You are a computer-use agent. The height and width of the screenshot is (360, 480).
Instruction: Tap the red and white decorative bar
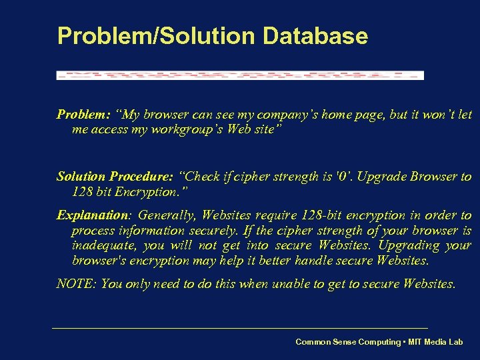tap(240, 75)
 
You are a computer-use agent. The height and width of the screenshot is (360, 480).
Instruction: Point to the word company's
tap(286, 114)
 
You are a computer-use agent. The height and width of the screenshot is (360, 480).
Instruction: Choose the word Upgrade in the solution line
tap(387, 177)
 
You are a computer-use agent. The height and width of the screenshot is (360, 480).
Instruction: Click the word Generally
tap(167, 215)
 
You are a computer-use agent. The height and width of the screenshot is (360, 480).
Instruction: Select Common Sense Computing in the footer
tap(348, 342)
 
